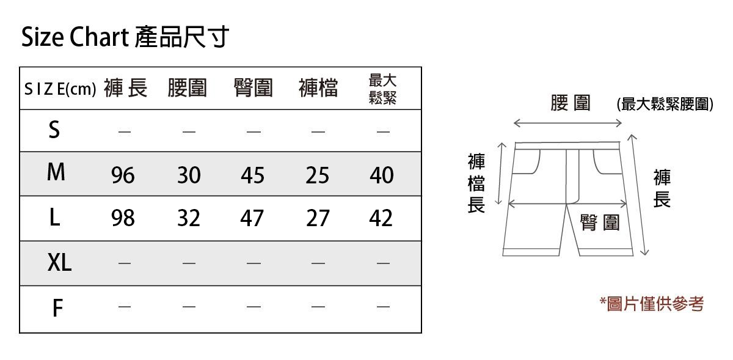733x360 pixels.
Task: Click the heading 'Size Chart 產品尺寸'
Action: pos(125,38)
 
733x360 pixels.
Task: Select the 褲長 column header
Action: pos(125,89)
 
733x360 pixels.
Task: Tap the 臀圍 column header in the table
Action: pos(253,89)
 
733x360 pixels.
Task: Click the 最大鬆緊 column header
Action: pos(383,89)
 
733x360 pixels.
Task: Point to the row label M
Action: pos(56,174)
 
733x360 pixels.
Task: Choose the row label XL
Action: pos(59,263)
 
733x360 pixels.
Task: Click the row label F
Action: pos(57,309)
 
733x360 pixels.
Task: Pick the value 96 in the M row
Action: pos(123,176)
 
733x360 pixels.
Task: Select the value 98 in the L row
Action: pos(123,218)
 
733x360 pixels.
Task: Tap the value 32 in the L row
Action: pos(189,218)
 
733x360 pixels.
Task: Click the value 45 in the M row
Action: pos(252,176)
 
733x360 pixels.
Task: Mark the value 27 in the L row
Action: pos(318,218)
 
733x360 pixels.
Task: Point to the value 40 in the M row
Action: pos(382,176)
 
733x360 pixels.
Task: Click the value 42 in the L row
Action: pos(382,218)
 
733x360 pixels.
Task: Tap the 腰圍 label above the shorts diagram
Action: pos(570,103)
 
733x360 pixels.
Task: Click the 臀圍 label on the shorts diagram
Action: pos(600,223)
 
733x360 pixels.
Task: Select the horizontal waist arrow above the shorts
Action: pos(567,123)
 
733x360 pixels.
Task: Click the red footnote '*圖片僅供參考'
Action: pos(652,303)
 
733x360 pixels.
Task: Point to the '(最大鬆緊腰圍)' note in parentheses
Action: pos(665,105)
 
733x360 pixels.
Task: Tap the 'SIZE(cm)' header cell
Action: pos(60,90)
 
